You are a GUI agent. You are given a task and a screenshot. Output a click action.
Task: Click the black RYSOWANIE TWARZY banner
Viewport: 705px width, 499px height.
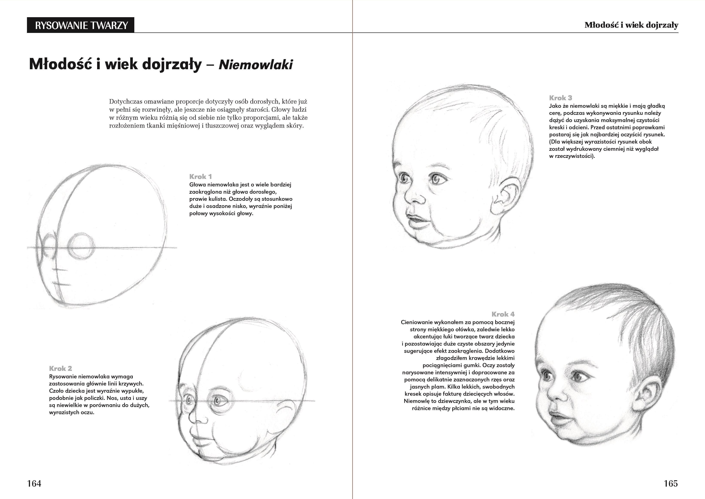81,25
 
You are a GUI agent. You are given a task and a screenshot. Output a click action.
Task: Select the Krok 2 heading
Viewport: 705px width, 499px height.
61,368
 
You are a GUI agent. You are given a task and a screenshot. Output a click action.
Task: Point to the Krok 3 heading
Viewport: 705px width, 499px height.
560,98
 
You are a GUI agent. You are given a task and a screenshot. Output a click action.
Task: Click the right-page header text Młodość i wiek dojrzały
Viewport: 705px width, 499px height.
631,25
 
